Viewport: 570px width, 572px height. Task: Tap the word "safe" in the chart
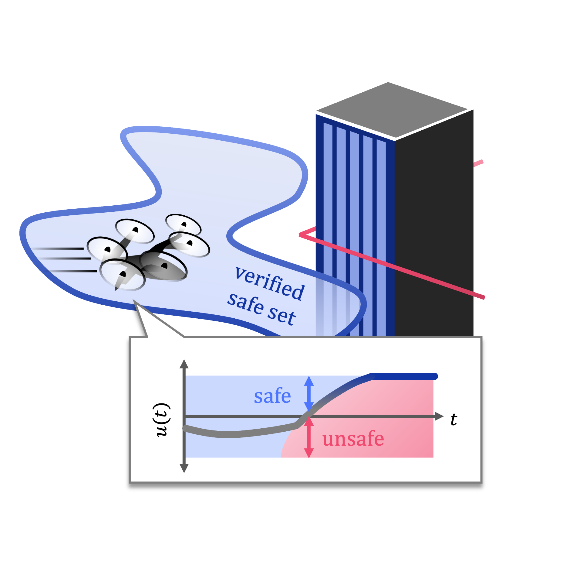tap(272, 396)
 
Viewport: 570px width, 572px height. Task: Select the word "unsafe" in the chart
tap(353, 439)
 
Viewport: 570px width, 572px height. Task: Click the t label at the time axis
tap(454, 420)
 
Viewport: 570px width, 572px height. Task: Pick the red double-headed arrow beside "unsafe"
tap(309, 437)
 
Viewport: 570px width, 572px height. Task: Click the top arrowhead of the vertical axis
tap(184, 364)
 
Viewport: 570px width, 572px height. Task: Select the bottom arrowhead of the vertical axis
tap(184, 468)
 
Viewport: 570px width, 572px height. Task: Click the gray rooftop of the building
tap(391, 109)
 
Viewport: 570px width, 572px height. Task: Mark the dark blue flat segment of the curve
tap(403, 376)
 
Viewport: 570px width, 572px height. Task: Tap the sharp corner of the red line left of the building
tap(300, 235)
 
